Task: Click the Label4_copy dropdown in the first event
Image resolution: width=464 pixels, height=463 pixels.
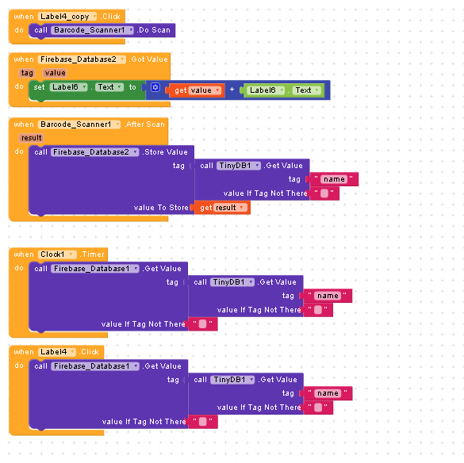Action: pyautogui.click(x=67, y=17)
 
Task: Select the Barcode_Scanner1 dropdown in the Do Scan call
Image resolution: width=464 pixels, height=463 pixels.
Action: pyautogui.click(x=92, y=30)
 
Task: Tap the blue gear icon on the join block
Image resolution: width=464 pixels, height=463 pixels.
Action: pyautogui.click(x=155, y=87)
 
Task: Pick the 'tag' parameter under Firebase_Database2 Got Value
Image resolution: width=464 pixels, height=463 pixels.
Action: pyautogui.click(x=27, y=73)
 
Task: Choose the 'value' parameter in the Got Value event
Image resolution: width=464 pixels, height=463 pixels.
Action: pyautogui.click(x=55, y=73)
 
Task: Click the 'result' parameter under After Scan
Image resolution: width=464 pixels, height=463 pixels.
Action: pyautogui.click(x=32, y=138)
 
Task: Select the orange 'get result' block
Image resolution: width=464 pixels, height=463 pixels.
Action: pyautogui.click(x=220, y=208)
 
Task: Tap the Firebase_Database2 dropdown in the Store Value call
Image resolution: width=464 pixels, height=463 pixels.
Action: pyautogui.click(x=94, y=152)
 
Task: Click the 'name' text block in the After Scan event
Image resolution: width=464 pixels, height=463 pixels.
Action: pyautogui.click(x=333, y=179)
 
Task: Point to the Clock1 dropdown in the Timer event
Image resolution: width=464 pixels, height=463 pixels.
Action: pyautogui.click(x=57, y=254)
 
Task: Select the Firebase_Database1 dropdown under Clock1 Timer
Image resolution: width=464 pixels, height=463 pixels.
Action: pyautogui.click(x=95, y=269)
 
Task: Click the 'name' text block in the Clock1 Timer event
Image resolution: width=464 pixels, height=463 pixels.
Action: pyautogui.click(x=328, y=296)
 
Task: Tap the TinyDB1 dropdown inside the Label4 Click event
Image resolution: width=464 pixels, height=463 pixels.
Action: pyautogui.click(x=232, y=380)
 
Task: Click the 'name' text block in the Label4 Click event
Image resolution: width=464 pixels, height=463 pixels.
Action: pyautogui.click(x=328, y=393)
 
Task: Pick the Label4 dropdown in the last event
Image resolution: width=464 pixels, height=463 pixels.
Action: pyautogui.click(x=57, y=352)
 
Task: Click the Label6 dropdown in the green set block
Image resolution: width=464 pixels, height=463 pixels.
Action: pyautogui.click(x=69, y=87)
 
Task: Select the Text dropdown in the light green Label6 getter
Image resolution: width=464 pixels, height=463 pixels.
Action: pyautogui.click(x=307, y=90)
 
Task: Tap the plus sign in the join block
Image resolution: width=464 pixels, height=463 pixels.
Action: pyautogui.click(x=232, y=90)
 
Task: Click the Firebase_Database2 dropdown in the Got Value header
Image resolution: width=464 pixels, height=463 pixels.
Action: pyautogui.click(x=82, y=59)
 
